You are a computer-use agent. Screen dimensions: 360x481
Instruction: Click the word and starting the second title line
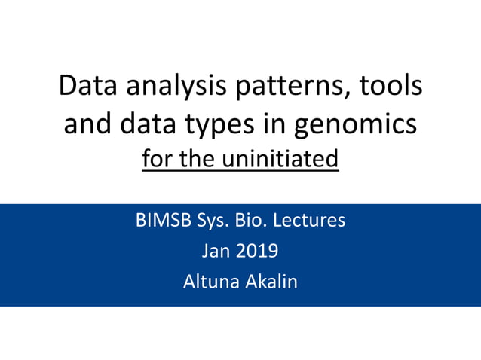pos(86,124)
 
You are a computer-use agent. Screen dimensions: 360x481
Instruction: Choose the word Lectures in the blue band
pos(314,221)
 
